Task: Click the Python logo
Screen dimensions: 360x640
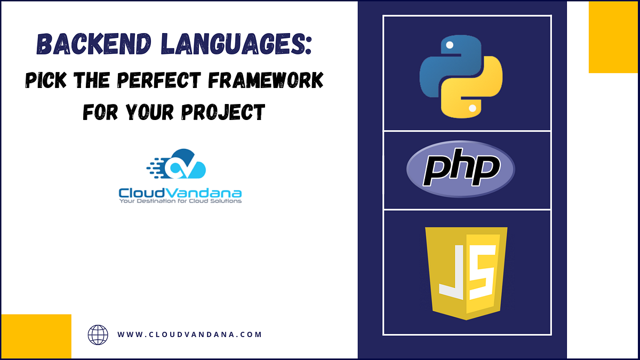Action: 461,77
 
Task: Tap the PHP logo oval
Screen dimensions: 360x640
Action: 461,170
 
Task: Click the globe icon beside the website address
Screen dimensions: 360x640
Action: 98,335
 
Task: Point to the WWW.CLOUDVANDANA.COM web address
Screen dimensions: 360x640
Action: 189,335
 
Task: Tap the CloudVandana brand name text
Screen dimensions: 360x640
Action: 180,192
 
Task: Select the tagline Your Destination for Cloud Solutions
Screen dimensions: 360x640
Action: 180,201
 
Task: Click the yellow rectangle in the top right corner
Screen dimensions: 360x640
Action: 613,37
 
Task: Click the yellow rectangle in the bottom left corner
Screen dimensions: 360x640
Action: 36,336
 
